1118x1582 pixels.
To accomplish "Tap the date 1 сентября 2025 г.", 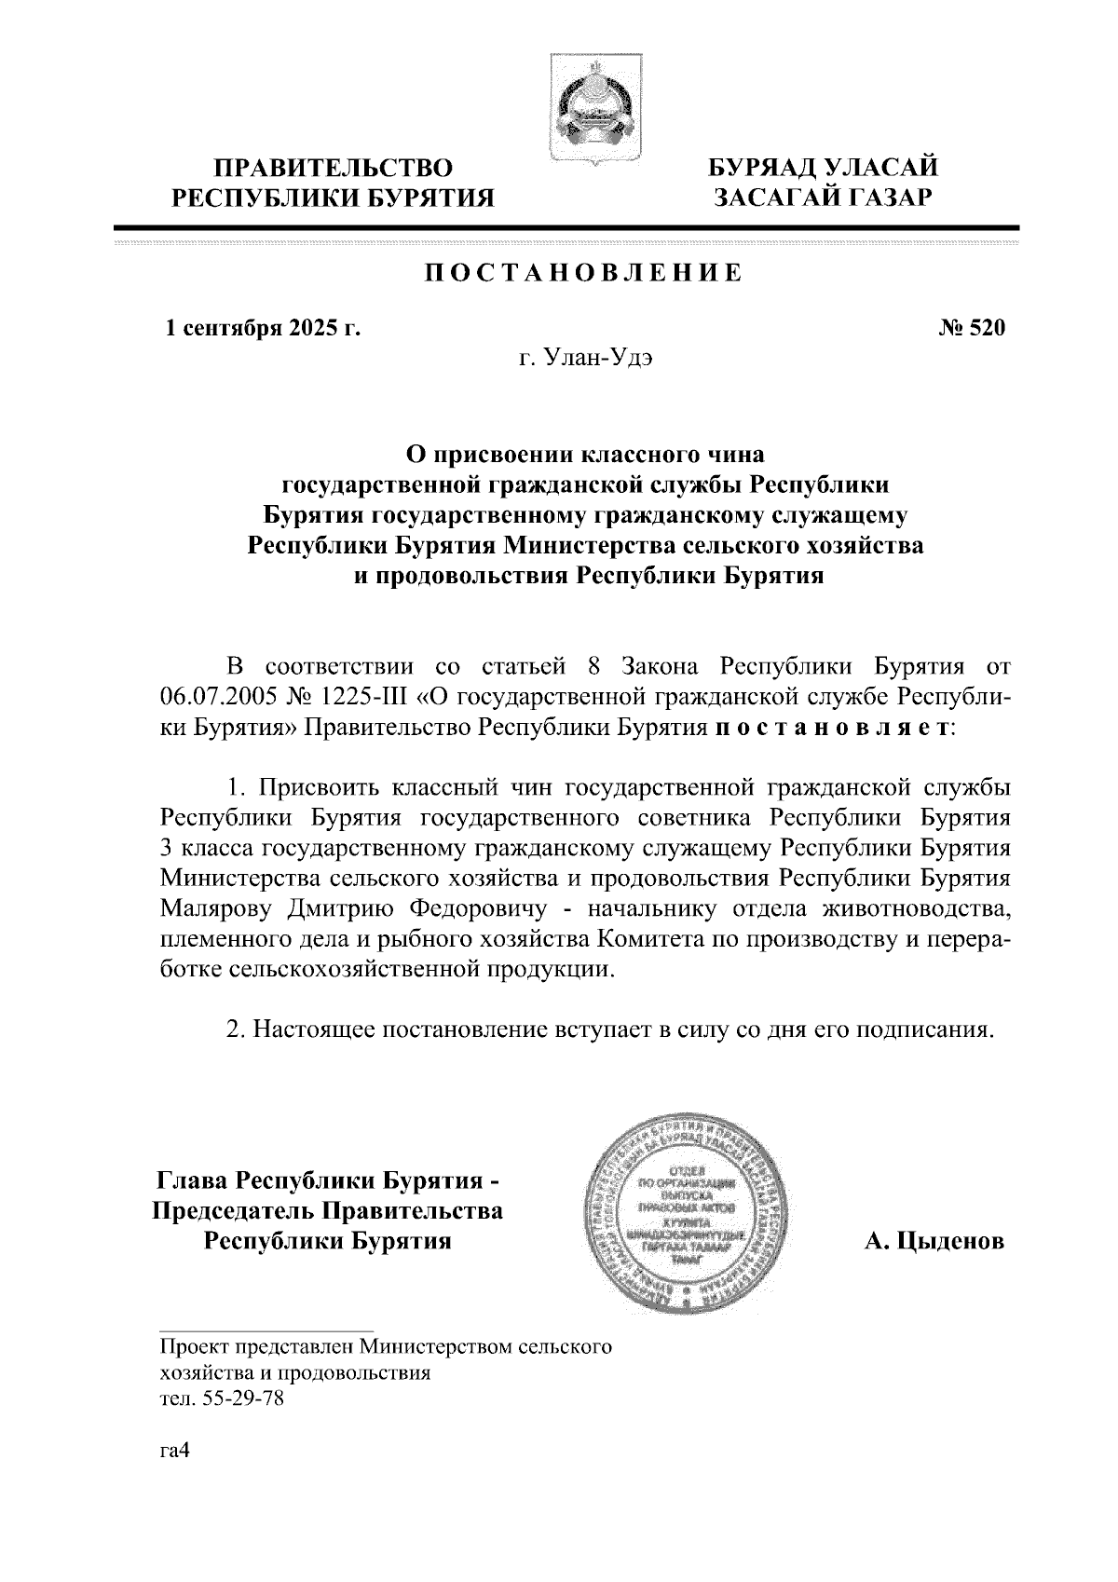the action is (x=262, y=328).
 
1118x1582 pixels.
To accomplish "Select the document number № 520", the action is (x=972, y=328).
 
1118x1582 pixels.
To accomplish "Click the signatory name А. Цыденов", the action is (x=935, y=1241).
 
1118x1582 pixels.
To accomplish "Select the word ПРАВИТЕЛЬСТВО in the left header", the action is (x=334, y=169).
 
